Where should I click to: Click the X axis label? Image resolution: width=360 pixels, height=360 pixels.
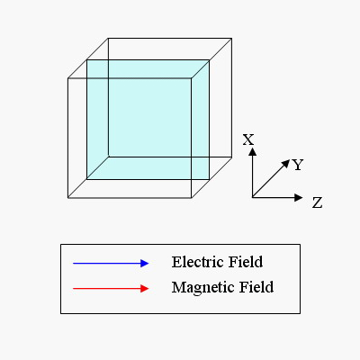tap(248, 139)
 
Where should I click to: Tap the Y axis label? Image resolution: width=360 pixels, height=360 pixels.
tap(298, 165)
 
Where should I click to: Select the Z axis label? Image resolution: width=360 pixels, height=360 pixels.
tap(317, 202)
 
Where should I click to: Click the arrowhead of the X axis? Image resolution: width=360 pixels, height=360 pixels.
tap(253, 151)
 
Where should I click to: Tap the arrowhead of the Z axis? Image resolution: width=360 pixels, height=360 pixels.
tap(299, 197)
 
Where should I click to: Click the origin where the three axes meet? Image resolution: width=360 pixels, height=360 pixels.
tap(253, 197)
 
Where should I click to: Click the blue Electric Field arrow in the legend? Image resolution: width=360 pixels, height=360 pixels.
tap(111, 264)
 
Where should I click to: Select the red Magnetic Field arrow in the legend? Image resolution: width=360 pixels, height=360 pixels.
tap(111, 289)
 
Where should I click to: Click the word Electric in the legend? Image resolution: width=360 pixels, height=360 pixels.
tap(198, 262)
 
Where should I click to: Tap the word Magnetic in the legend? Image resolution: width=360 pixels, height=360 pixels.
tap(203, 288)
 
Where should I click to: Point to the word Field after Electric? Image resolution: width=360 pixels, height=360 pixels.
tap(246, 262)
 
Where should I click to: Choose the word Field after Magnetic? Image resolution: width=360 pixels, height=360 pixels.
tap(256, 287)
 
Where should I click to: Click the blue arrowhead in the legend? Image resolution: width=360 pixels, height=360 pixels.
tap(145, 264)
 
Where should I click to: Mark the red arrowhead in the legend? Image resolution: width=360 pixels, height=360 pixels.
tap(145, 289)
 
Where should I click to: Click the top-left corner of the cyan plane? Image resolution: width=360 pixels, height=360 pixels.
tap(87, 60)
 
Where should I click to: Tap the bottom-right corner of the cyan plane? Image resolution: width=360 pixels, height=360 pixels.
tap(209, 179)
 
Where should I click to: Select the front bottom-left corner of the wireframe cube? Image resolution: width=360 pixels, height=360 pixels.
tap(68, 198)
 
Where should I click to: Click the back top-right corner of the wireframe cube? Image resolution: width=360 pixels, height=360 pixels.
tap(231, 38)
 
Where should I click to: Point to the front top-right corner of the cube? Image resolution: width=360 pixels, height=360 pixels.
tap(192, 78)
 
